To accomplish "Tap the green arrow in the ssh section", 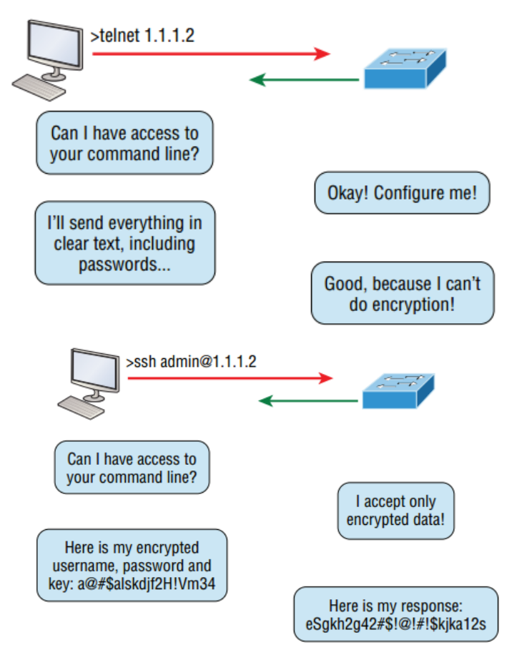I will coord(307,400).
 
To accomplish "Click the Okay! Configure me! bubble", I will coord(402,192).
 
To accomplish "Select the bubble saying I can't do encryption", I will coord(403,293).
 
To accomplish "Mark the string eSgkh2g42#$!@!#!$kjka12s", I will coord(395,623).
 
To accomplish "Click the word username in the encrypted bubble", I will coord(80,566).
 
